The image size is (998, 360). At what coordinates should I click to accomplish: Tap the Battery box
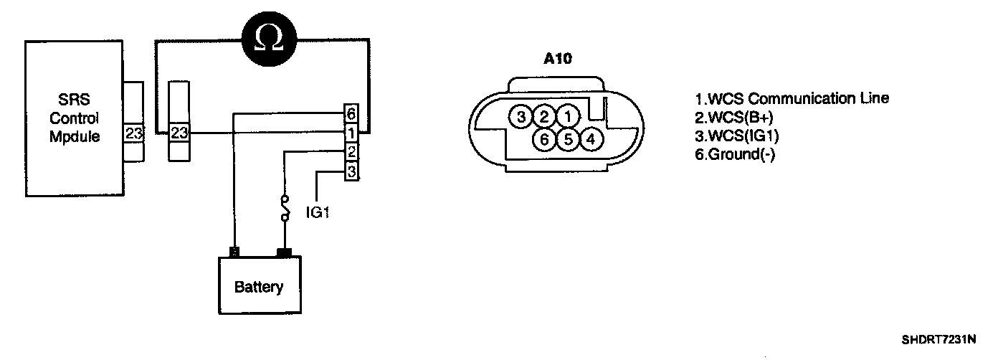tap(259, 287)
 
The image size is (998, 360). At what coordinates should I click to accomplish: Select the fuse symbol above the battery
tap(286, 207)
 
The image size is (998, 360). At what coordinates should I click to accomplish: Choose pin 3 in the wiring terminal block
tap(351, 172)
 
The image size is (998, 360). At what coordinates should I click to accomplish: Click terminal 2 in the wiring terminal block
tap(351, 153)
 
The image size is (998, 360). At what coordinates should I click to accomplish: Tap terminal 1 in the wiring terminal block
tap(351, 133)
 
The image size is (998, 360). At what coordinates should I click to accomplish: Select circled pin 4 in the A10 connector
tap(590, 138)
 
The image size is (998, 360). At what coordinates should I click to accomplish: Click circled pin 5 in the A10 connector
tap(567, 138)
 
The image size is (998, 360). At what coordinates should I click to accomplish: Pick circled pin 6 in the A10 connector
tap(544, 138)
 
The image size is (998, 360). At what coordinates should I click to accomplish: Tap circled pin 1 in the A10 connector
tap(567, 115)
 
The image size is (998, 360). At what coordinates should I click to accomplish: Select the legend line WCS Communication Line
tap(792, 98)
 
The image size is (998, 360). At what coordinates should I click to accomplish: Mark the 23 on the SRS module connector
tap(133, 133)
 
